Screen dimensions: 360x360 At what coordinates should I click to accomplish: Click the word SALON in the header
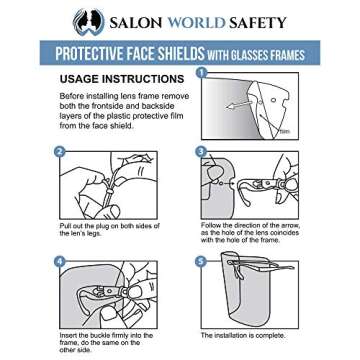(126, 21)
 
